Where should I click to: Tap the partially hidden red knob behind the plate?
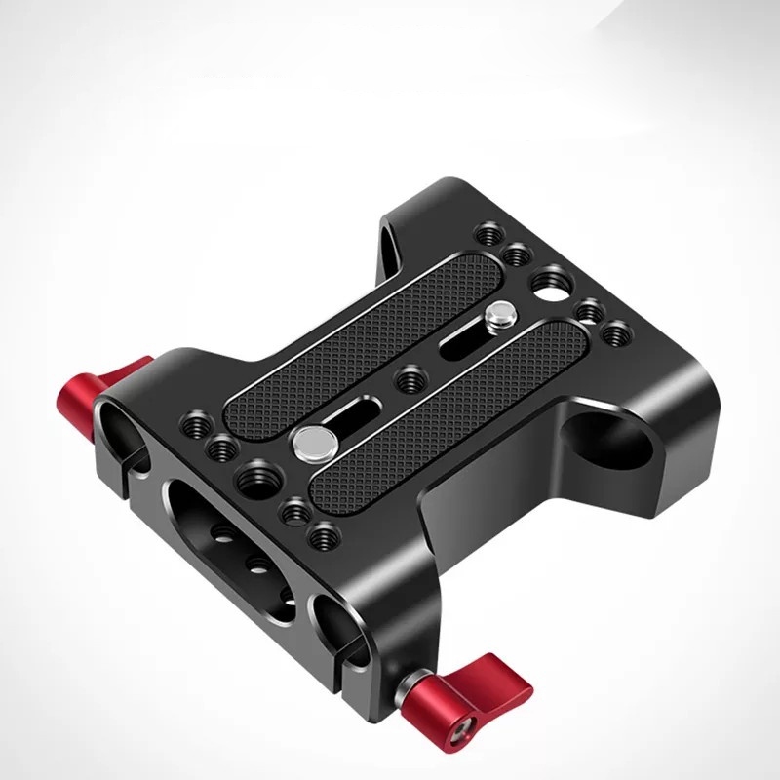[122, 375]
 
